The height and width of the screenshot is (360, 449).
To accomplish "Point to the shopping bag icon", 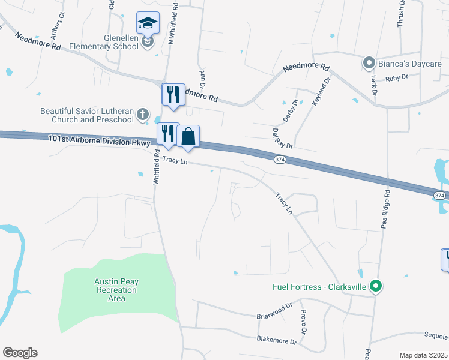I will [188, 137].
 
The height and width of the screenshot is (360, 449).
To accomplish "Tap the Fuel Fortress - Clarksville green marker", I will [376, 287].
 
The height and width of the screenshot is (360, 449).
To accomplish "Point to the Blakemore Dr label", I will [277, 341].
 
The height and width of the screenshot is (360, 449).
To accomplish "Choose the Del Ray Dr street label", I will [282, 137].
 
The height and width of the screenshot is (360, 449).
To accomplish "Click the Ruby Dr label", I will [397, 77].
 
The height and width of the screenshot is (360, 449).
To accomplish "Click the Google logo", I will [20, 353].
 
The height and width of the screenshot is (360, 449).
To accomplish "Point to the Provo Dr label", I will [304, 322].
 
